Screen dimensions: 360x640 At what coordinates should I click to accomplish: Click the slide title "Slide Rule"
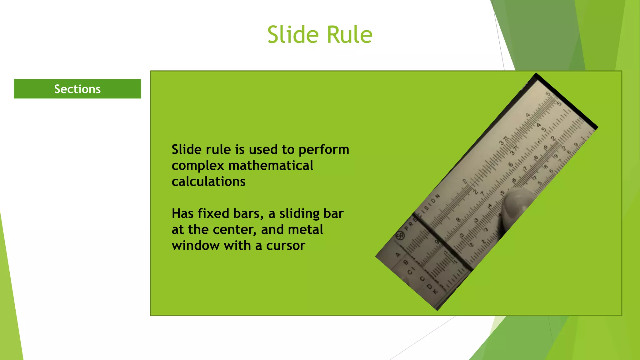[320, 35]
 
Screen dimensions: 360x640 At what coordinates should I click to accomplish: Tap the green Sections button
[77, 89]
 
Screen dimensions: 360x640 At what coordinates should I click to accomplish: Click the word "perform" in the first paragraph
[324, 150]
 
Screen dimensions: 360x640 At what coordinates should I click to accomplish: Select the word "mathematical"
[271, 166]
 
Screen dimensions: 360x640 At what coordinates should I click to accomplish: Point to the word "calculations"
[208, 182]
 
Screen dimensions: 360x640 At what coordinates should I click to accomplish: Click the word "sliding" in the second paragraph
[299, 214]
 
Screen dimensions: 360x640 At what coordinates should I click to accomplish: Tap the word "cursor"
[285, 246]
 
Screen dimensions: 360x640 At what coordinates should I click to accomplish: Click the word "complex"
[198, 166]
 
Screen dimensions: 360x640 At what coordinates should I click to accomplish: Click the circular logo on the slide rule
[400, 236]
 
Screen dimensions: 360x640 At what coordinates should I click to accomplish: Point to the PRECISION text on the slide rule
[422, 212]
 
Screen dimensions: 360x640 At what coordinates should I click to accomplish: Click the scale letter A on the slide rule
[398, 255]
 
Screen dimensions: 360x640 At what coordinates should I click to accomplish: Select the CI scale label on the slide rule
[411, 271]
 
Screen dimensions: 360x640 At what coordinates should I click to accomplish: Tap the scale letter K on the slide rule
[435, 292]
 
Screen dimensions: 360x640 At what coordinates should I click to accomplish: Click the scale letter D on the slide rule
[429, 286]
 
